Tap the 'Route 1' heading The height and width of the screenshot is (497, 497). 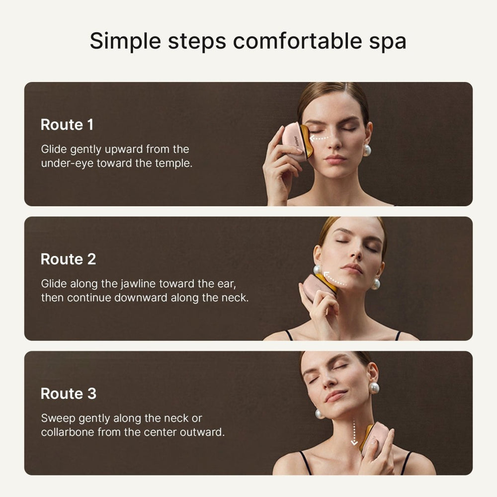[x=67, y=124]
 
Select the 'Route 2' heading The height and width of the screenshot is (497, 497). [x=68, y=259]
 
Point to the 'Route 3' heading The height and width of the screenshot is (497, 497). [x=68, y=394]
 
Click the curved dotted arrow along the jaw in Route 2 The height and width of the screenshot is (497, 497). [x=333, y=277]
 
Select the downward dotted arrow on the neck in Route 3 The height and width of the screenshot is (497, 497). [x=354, y=431]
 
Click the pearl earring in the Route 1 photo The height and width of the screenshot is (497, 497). [x=367, y=150]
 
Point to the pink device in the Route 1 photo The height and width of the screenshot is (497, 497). [x=296, y=141]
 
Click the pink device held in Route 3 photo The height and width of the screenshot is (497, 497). [x=376, y=437]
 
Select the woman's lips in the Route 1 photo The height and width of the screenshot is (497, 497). [x=335, y=159]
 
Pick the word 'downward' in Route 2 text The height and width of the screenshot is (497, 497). [x=145, y=298]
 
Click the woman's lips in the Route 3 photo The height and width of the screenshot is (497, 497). [x=336, y=396]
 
